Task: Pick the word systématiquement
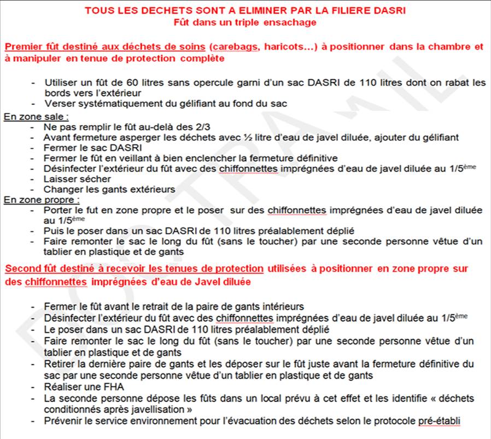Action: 109,104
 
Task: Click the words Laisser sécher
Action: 77,179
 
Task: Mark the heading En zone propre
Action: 41,200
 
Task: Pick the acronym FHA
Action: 98,387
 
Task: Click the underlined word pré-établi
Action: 439,420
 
